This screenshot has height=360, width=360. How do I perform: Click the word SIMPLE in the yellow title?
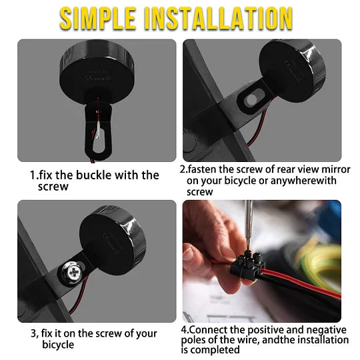pyautogui.click(x=98, y=19)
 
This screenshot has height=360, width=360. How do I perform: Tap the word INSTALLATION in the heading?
pyautogui.click(x=219, y=19)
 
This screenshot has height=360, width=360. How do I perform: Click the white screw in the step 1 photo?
pyautogui.click(x=99, y=130)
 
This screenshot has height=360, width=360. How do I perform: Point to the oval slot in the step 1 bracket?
pyautogui.click(x=99, y=144)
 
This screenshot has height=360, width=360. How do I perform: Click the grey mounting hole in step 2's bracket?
pyautogui.click(x=251, y=99)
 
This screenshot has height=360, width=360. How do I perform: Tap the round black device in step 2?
pyautogui.click(x=292, y=71)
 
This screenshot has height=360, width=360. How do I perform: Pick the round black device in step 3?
pyautogui.click(x=113, y=237)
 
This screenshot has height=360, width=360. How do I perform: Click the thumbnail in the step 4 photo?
pyautogui.click(x=189, y=254)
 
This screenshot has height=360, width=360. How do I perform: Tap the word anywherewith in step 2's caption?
pyautogui.click(x=303, y=181)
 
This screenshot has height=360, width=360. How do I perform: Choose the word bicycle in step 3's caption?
pyautogui.click(x=58, y=345)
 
